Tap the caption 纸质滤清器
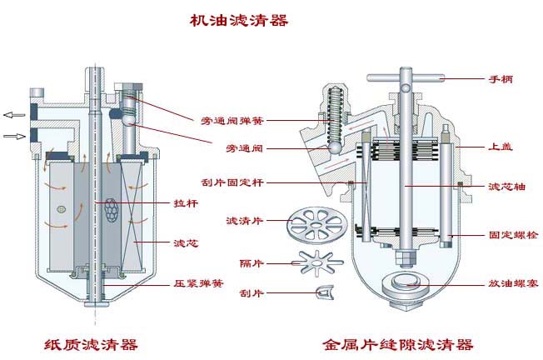pyautogui.click(x=91, y=344)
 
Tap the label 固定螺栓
pyautogui.click(x=511, y=237)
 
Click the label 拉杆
pyautogui.click(x=184, y=202)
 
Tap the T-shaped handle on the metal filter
pyautogui.click(x=407, y=78)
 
